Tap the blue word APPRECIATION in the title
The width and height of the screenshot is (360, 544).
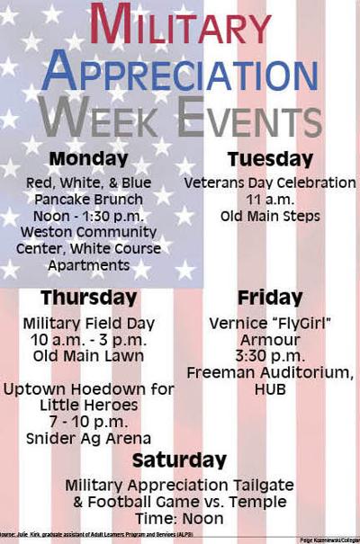point(179,72)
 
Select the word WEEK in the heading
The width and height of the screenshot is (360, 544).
point(105,118)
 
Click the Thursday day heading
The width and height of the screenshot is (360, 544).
point(88,298)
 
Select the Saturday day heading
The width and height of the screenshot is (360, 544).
point(179,461)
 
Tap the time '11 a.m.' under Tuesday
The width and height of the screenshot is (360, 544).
point(269,200)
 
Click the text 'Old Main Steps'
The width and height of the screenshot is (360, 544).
point(269,216)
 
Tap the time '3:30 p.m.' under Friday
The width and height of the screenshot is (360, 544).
point(269,356)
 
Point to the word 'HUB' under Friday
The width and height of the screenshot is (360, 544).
point(269,389)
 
